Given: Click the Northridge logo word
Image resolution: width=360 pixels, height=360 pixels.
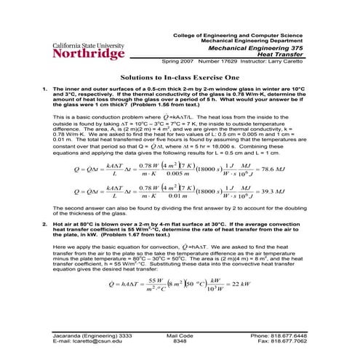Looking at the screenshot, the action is tap(84, 55).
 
